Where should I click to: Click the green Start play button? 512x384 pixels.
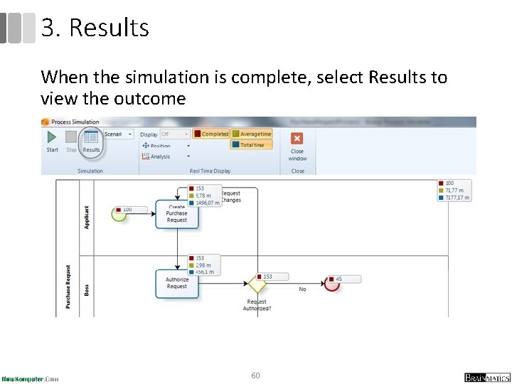click(x=52, y=138)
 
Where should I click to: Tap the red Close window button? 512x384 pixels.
click(x=297, y=139)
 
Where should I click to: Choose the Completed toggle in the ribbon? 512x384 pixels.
click(x=211, y=134)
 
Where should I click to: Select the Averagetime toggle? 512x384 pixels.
click(x=252, y=134)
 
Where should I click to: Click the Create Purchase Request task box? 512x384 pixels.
click(x=177, y=213)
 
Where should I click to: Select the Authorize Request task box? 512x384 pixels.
click(x=177, y=282)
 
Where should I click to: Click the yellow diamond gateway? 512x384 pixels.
click(x=257, y=284)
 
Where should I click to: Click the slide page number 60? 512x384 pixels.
click(x=255, y=375)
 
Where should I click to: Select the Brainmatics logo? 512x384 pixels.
click(x=486, y=378)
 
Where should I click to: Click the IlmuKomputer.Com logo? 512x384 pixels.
click(x=31, y=378)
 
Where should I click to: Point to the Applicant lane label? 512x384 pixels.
click(x=87, y=216)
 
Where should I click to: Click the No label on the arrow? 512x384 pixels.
click(x=302, y=289)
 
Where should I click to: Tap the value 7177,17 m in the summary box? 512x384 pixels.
click(x=459, y=198)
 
